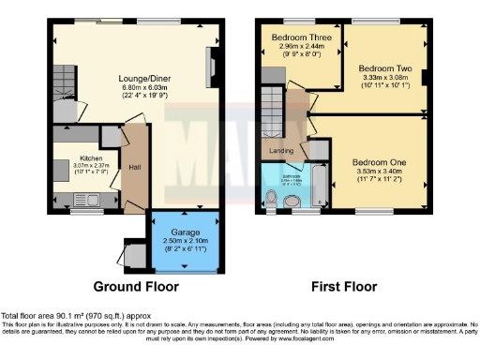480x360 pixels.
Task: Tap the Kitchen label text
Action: pos(91,158)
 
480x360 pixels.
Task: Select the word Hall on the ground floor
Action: pos(135,168)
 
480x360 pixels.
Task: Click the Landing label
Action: pos(281,150)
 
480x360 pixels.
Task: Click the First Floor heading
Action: pos(344,286)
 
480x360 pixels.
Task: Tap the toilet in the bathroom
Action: pos(272,198)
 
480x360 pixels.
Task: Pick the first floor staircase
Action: pos(271,103)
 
